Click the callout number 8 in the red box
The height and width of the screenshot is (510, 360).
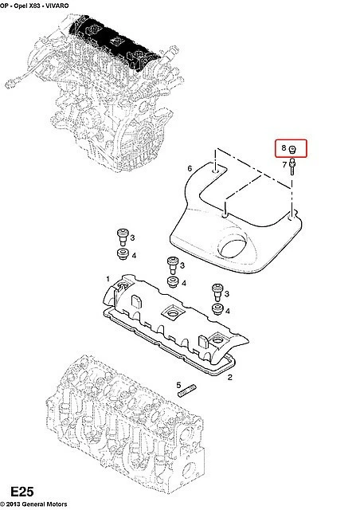click(x=284, y=148)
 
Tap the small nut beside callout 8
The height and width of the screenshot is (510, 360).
click(x=292, y=149)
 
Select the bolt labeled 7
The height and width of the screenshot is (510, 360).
click(x=292, y=167)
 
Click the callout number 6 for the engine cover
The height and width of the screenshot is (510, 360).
click(x=190, y=168)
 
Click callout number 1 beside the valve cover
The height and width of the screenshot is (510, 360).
click(x=108, y=279)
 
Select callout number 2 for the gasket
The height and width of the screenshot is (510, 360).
click(x=230, y=377)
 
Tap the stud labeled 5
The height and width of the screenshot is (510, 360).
click(x=187, y=390)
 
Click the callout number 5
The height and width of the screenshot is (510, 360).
click(x=178, y=386)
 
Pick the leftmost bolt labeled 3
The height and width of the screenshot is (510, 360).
click(x=123, y=237)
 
